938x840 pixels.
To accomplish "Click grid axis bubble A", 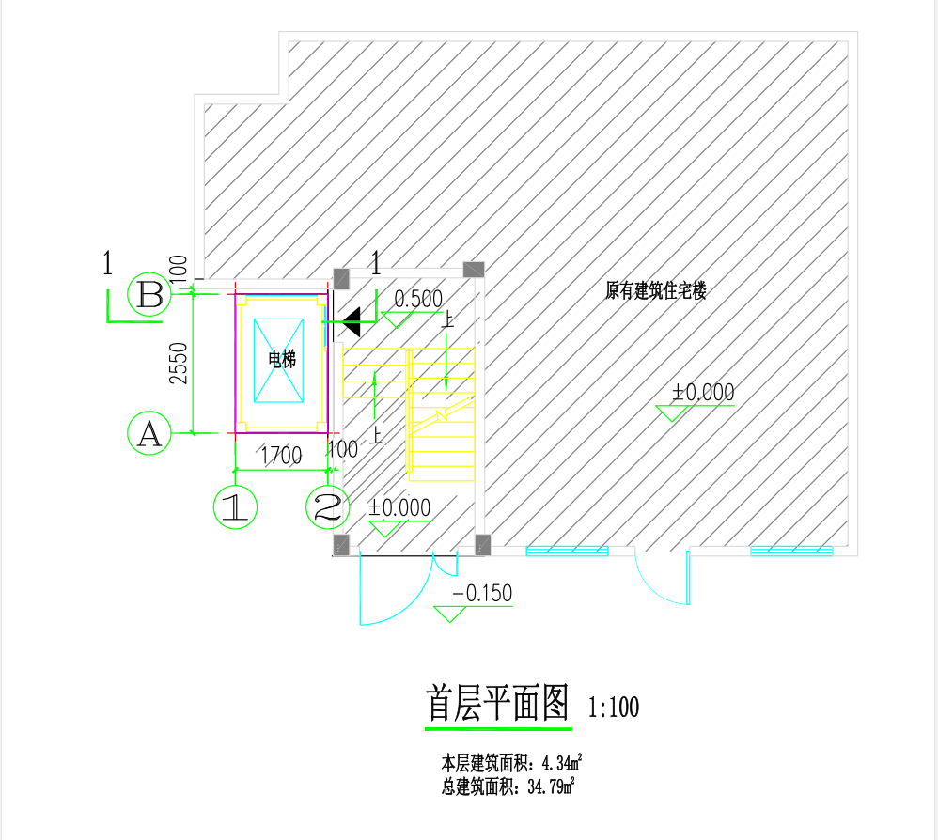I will (x=149, y=433).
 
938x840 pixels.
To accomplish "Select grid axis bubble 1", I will (x=235, y=507).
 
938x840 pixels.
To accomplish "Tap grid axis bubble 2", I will (x=328, y=507).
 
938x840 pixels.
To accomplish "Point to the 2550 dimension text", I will (x=179, y=364).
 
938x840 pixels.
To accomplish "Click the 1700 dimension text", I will (x=281, y=457).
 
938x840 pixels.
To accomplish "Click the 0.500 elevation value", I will (x=418, y=300).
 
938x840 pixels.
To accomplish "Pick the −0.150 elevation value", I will (x=482, y=594).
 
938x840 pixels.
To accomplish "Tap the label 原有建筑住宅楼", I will (x=655, y=290).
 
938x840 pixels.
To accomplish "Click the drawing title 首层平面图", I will (x=498, y=703).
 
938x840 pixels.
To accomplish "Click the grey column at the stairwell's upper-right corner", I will (x=474, y=271).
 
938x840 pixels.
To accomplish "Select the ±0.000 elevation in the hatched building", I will (x=702, y=393).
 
